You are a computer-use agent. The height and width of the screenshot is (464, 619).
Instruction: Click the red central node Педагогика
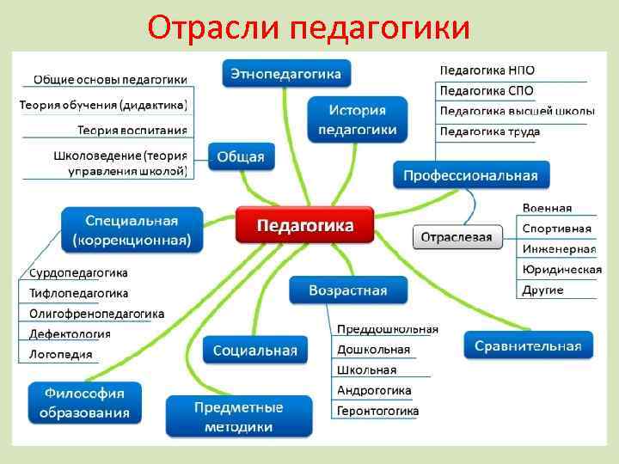click(x=305, y=225)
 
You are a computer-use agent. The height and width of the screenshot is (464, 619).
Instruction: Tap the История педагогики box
click(x=358, y=119)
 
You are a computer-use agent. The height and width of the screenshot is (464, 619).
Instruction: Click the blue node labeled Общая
click(x=241, y=156)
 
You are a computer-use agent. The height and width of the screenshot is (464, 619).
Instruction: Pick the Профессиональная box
click(x=470, y=175)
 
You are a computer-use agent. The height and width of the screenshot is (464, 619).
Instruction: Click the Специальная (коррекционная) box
click(x=132, y=229)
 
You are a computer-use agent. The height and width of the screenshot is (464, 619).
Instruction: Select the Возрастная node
click(x=347, y=290)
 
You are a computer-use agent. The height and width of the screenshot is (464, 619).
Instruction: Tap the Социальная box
click(x=254, y=350)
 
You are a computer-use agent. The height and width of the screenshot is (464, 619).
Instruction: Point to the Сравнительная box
click(x=528, y=345)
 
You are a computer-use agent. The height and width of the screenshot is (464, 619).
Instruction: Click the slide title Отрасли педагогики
click(x=309, y=27)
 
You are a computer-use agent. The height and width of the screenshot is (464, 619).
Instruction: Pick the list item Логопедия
click(x=60, y=354)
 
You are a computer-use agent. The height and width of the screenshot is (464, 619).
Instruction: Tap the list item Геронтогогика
click(x=377, y=411)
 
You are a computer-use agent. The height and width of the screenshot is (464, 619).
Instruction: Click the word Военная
click(x=546, y=209)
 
